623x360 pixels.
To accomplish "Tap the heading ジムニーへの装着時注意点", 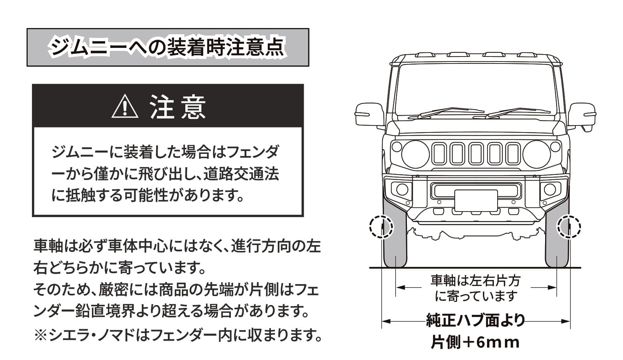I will pos(167,48).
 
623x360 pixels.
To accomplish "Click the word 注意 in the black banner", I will pos(178,107).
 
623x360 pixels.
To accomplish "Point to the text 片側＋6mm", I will pos(475,342).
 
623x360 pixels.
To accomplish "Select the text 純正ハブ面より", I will pos(475,321).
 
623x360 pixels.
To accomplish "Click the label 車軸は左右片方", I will pos(475,281).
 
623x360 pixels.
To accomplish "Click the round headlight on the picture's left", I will pos(415,154).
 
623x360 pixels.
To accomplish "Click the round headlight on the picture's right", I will pos(536,154).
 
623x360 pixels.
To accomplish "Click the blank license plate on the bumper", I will pos(476,200).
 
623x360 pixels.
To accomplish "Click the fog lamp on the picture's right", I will pos(550,190).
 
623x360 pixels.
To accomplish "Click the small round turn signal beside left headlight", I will pos(396,147).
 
